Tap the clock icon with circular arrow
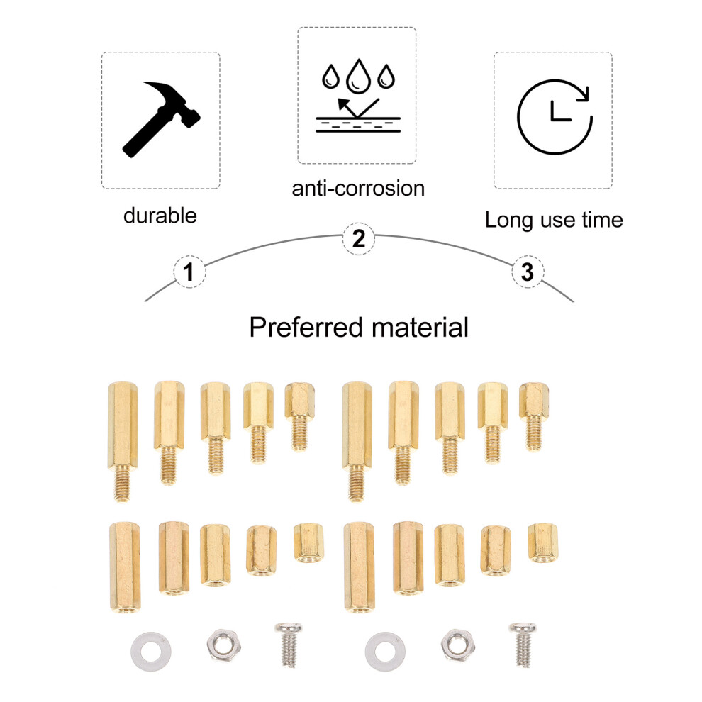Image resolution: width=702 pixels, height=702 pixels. [x=555, y=117]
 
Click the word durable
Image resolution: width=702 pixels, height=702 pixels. [x=160, y=216]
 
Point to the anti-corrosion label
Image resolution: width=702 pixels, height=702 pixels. [x=358, y=188]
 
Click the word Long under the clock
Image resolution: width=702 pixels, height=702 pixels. [x=509, y=221]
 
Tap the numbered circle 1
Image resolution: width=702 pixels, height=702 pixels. [x=189, y=272]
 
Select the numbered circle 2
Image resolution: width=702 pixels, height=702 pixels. [x=359, y=239]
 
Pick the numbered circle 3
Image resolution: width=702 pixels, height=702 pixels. [x=528, y=272]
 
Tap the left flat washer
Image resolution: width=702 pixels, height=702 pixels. [x=151, y=652]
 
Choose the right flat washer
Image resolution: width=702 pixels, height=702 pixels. [x=386, y=652]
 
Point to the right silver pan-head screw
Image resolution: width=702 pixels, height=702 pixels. [x=523, y=645]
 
